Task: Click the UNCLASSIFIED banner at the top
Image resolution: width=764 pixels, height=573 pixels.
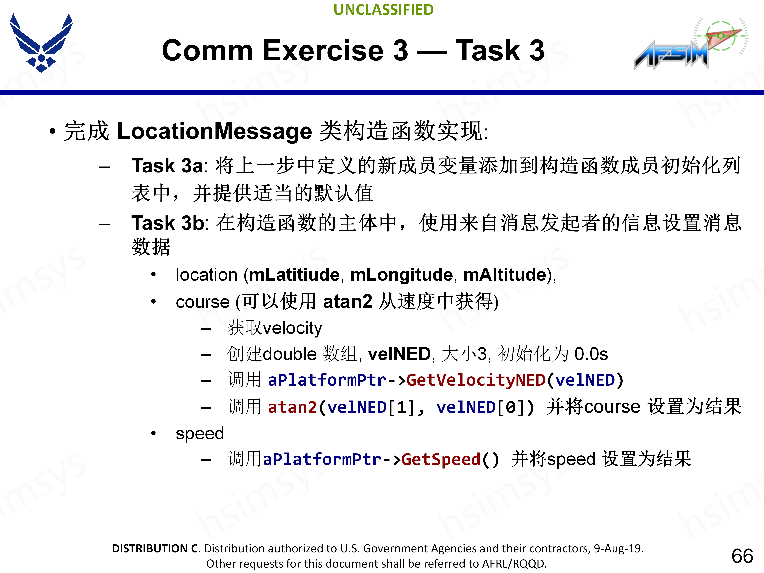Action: pyautogui.click(x=383, y=10)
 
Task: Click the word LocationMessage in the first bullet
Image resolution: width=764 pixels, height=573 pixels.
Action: pyautogui.click(x=214, y=131)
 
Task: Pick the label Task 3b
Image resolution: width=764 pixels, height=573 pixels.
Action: pyautogui.click(x=168, y=223)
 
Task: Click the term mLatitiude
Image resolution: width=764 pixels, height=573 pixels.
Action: pyautogui.click(x=294, y=275)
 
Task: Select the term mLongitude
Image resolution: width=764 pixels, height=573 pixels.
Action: pyautogui.click(x=401, y=275)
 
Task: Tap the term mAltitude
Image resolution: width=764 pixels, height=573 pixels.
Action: pyautogui.click(x=505, y=275)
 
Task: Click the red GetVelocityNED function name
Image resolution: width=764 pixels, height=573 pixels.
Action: pyautogui.click(x=476, y=380)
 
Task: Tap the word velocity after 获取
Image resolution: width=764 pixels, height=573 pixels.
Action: pyautogui.click(x=292, y=328)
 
